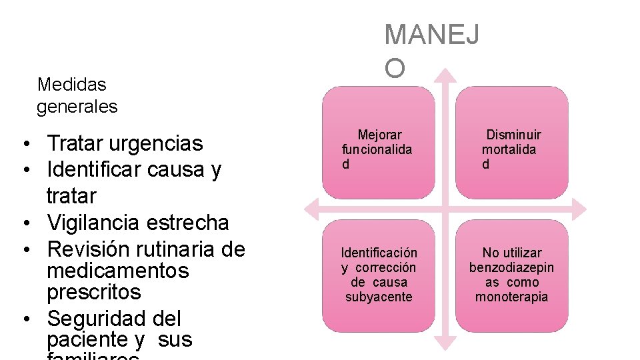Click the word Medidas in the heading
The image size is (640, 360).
[x=72, y=85]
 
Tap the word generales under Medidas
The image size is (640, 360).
[x=77, y=107]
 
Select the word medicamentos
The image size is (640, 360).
[x=118, y=271]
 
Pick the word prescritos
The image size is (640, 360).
[x=94, y=292]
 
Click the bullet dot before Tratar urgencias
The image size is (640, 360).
[x=23, y=144]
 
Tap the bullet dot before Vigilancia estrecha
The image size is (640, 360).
[x=23, y=223]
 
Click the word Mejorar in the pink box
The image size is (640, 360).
[x=379, y=135]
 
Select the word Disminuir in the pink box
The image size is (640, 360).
[x=513, y=135]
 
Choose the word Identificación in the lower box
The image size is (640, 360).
[x=379, y=253]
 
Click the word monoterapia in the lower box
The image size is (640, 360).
[x=511, y=297]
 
